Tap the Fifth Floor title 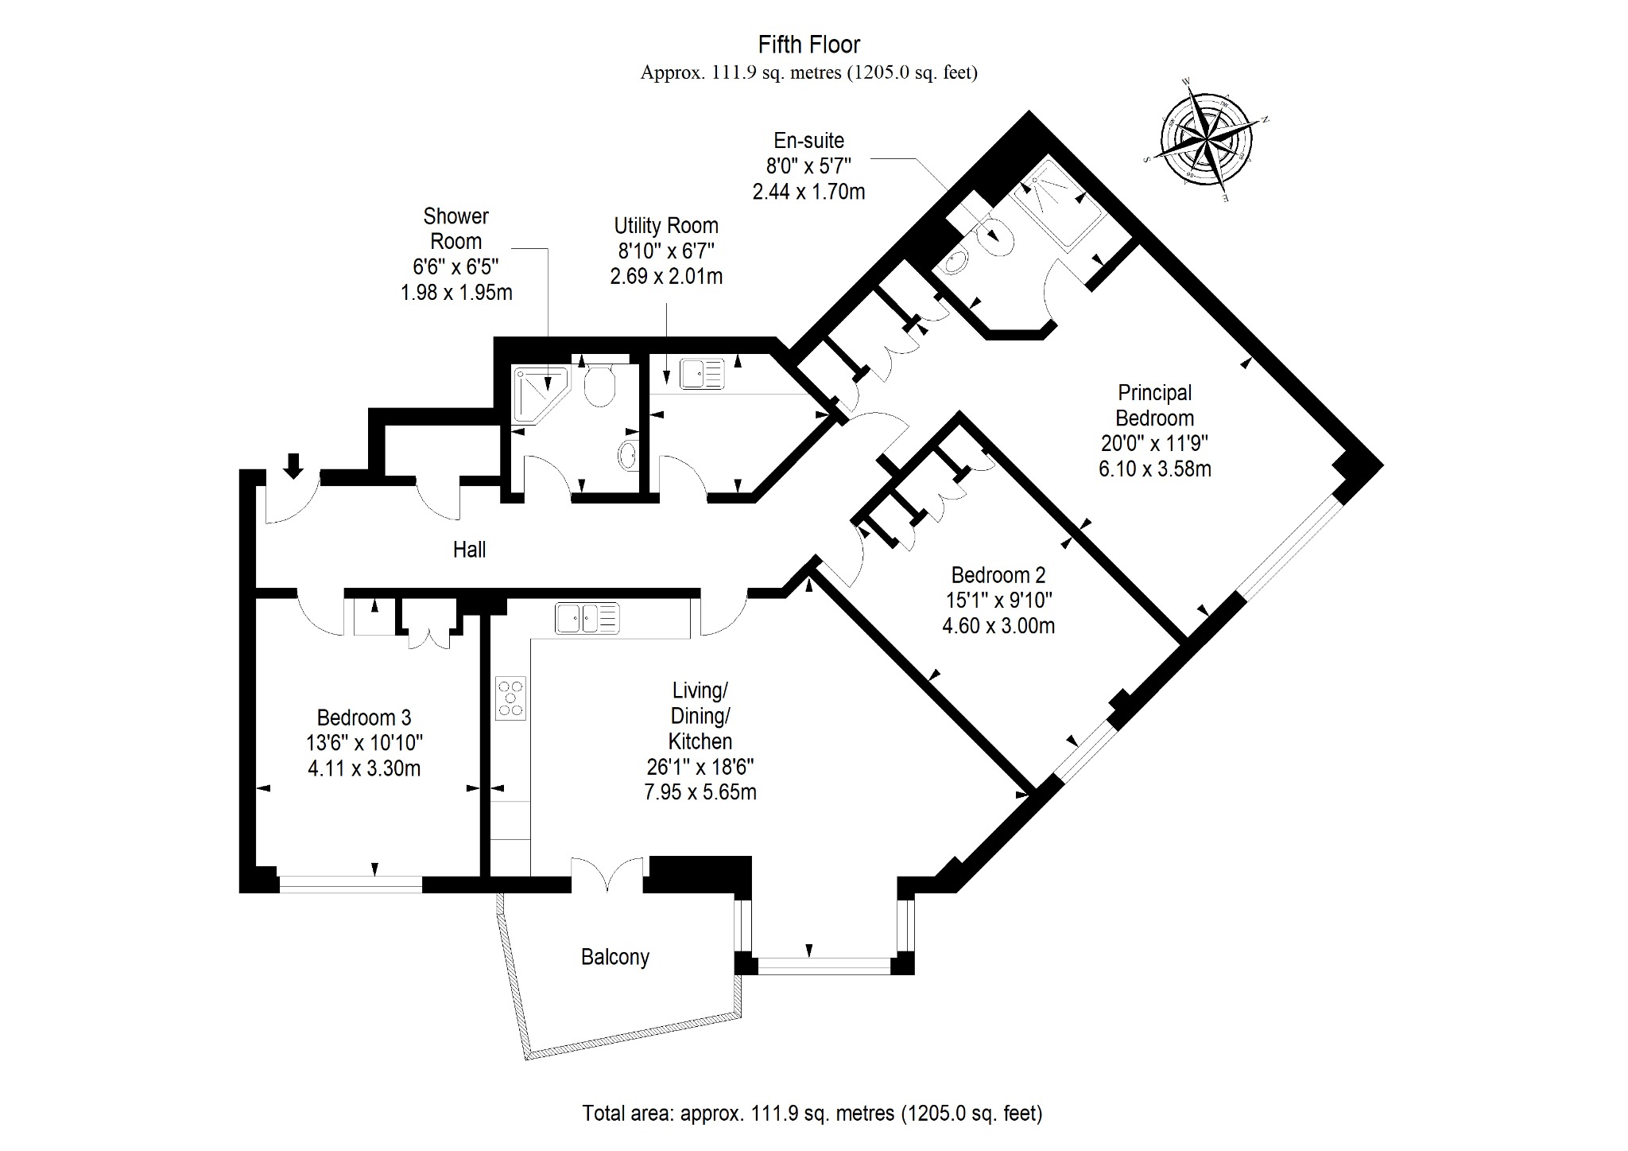[809, 45]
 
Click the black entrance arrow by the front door [293, 466]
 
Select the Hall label [469, 550]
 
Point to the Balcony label [615, 957]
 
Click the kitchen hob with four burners [510, 698]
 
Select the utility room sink [702, 373]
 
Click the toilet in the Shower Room [600, 385]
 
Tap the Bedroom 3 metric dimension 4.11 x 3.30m [364, 768]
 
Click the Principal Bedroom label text [1155, 405]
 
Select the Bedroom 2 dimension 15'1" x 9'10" [998, 601]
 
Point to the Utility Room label [666, 226]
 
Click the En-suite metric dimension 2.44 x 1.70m [809, 192]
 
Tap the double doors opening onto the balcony [607, 873]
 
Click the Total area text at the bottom [812, 1113]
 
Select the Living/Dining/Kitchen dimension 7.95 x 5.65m [700, 792]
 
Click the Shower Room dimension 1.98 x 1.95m [456, 293]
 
